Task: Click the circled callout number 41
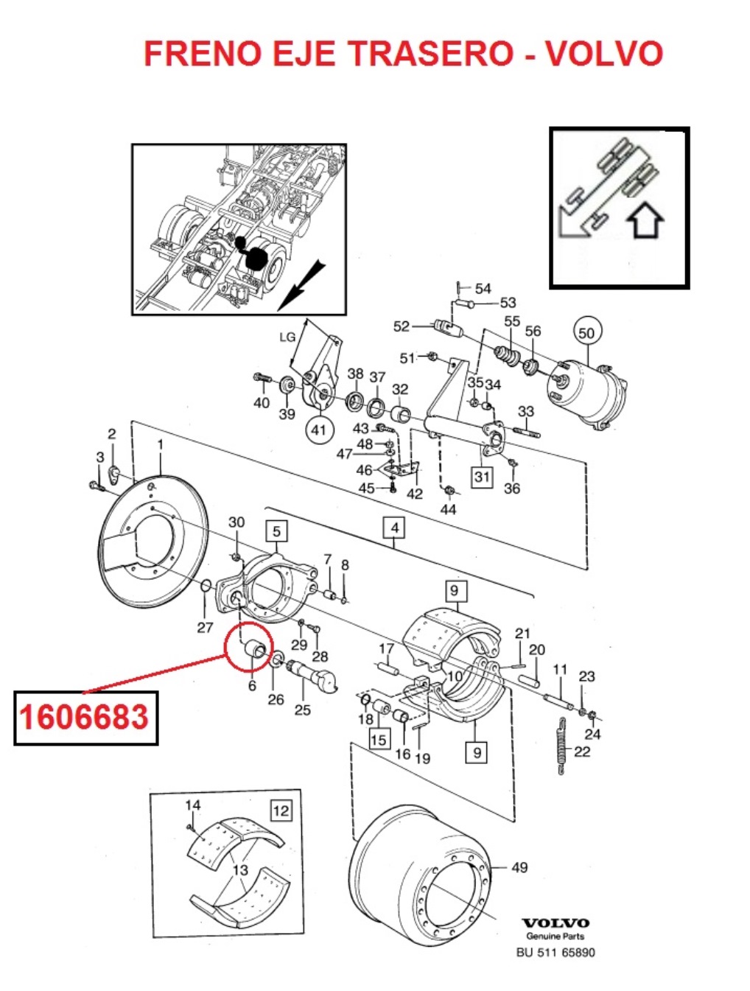click(319, 430)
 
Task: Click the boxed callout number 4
click(395, 528)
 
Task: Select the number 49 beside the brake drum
click(519, 867)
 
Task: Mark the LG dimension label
click(287, 337)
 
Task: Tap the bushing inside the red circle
click(254, 654)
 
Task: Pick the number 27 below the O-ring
click(205, 628)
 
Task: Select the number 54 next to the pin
click(483, 289)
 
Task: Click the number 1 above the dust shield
click(160, 445)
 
